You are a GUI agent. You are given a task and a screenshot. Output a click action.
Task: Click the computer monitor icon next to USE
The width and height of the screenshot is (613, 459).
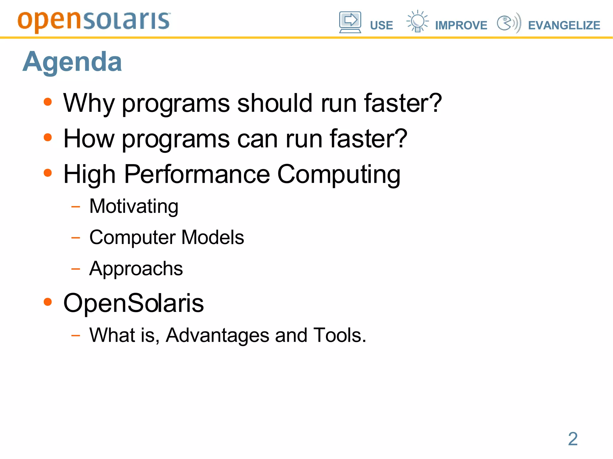(350, 22)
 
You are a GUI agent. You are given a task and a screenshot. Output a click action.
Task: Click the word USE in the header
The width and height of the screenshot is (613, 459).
(381, 25)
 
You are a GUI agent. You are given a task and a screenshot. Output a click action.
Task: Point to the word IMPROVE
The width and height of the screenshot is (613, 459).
(461, 25)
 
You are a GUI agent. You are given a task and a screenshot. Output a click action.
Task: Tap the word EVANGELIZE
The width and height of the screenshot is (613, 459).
(564, 25)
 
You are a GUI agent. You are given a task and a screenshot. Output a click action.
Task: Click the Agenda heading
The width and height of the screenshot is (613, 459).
(72, 62)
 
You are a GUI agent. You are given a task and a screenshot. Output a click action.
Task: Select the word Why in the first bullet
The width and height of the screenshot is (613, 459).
(89, 103)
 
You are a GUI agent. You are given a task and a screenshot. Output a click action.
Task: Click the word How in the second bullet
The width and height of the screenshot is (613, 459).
(89, 138)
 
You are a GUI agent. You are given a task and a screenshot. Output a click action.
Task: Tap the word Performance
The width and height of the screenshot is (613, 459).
(197, 174)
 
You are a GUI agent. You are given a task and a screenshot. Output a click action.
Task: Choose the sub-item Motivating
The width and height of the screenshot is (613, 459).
(134, 207)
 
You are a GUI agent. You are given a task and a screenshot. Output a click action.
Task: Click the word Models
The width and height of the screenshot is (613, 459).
(213, 237)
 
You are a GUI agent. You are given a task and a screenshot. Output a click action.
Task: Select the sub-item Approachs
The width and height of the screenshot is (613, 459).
(136, 269)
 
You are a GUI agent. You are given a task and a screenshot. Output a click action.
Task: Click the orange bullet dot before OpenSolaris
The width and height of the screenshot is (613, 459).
(48, 302)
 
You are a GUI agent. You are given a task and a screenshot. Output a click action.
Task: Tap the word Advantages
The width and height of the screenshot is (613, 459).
(217, 335)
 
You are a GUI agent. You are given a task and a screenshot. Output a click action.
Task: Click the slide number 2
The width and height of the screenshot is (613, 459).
(573, 439)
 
